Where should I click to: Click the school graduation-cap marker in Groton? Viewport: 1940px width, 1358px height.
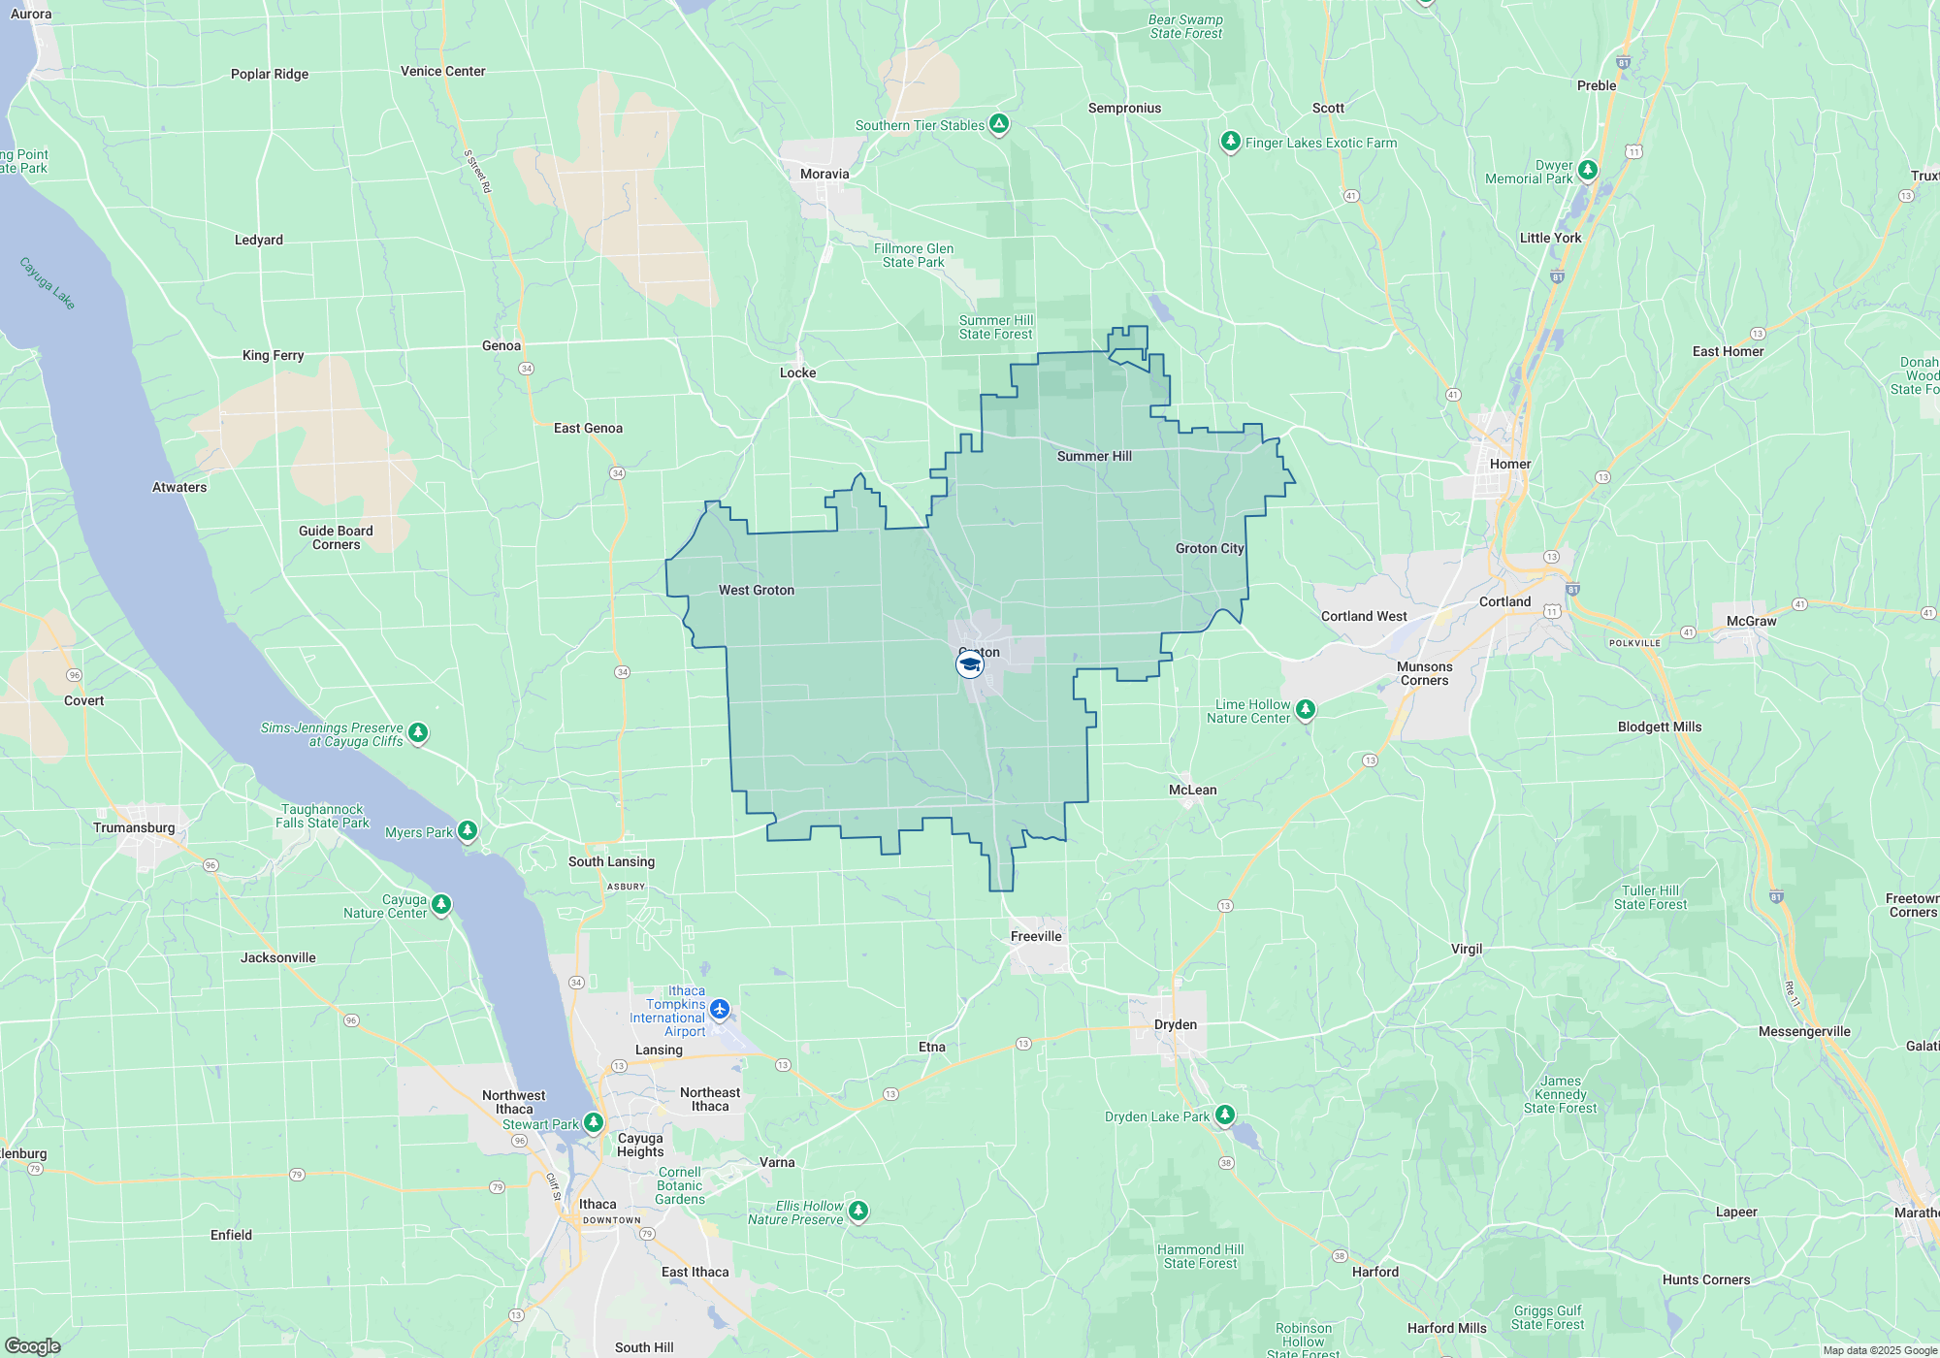pos(969,664)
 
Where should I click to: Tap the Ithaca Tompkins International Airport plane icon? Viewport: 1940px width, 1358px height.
pos(720,1010)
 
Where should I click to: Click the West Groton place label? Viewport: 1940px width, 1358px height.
pos(756,590)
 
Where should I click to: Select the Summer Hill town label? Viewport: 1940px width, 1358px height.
pos(1094,456)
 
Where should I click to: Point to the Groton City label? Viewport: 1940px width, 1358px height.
pos(1209,548)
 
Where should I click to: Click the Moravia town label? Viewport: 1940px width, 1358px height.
pos(824,174)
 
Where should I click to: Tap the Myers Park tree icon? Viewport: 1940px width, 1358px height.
pos(468,830)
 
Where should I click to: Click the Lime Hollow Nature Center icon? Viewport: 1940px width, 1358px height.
pos(1306,709)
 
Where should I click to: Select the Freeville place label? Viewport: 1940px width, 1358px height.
pos(1035,936)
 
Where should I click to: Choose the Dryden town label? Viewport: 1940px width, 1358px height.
pos(1175,1024)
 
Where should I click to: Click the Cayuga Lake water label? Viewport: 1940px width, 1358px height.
pos(47,282)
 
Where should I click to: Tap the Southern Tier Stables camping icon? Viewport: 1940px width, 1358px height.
pos(999,123)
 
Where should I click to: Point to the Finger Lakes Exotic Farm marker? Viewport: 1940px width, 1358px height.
pos(1230,142)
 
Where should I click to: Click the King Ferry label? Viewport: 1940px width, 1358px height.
pos(273,355)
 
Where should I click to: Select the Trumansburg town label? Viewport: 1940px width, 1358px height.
pos(134,827)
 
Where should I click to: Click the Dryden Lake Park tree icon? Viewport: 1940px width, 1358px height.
pos(1225,1115)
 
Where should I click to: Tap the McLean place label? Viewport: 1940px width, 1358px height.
pos(1192,790)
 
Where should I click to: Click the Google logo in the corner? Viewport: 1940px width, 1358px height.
pos(32,1346)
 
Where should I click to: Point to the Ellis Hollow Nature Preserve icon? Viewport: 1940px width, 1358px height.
pos(857,1210)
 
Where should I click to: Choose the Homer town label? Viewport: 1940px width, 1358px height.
pos(1509,464)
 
